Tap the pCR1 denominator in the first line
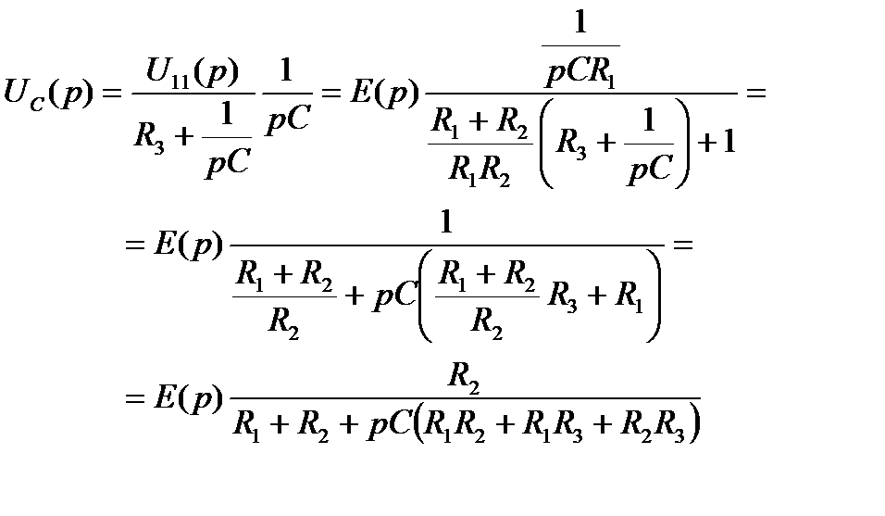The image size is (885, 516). (x=580, y=69)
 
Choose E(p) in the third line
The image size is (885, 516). (x=191, y=401)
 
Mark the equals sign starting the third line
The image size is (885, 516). (x=136, y=401)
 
